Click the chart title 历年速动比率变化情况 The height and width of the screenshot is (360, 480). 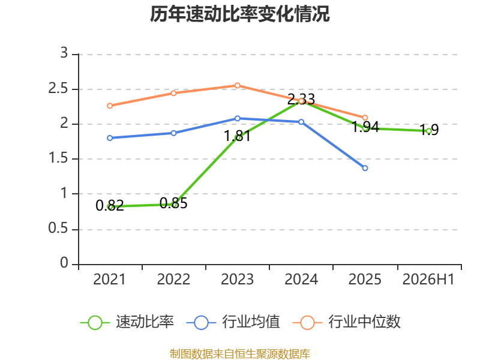[239, 14]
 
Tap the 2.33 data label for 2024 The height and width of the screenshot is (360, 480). [301, 99]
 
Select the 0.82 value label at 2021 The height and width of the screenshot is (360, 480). [110, 205]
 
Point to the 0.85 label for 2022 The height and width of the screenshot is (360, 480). [173, 203]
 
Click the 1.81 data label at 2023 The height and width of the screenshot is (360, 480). [237, 136]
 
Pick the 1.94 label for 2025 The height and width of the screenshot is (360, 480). [365, 127]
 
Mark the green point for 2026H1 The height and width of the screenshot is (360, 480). [429, 131]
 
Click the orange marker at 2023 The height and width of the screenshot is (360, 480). [237, 85]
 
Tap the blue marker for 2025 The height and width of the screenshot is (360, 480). [365, 168]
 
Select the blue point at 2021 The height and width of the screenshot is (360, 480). [110, 138]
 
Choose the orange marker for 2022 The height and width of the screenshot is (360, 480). [173, 93]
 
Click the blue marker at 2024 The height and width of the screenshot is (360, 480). [301, 122]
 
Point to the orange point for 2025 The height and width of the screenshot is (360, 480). [365, 118]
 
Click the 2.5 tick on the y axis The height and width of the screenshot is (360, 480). [58, 89]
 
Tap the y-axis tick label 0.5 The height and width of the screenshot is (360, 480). [58, 229]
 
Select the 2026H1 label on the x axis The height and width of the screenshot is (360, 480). [428, 280]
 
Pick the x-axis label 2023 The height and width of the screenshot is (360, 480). [237, 280]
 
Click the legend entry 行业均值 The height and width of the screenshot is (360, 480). [233, 322]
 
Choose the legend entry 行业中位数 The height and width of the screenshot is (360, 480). [347, 322]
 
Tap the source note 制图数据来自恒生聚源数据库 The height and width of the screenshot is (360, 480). [239, 354]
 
